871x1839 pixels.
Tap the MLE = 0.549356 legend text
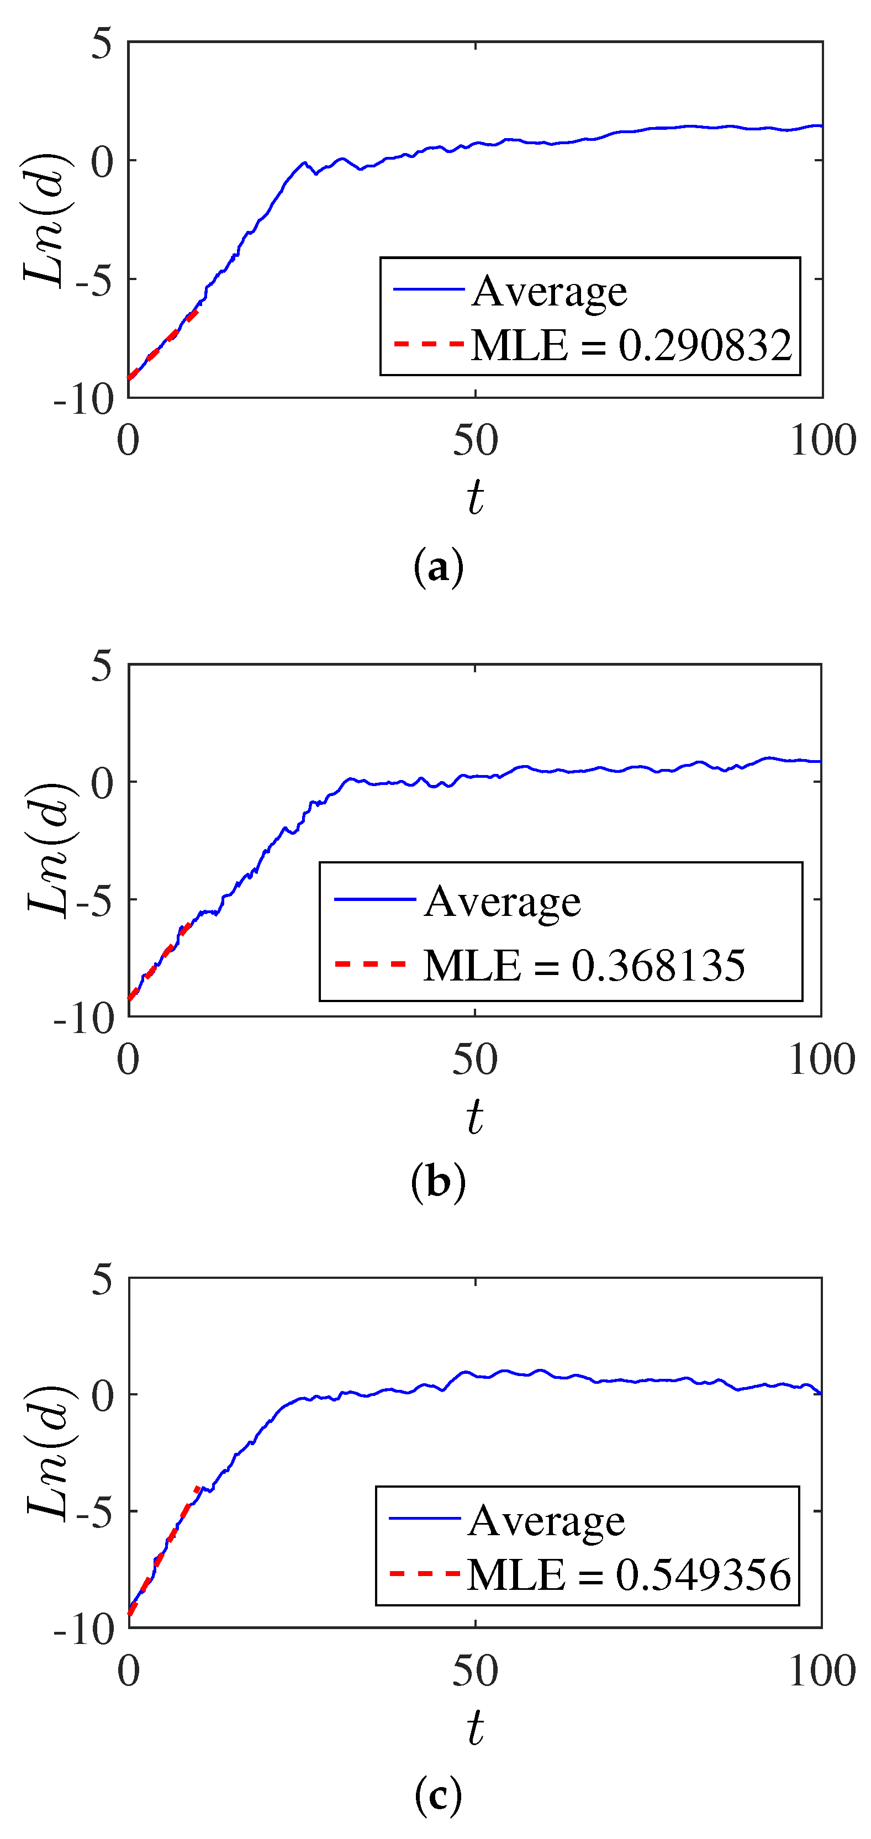pos(629,1574)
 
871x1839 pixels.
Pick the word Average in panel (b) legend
pos(502,902)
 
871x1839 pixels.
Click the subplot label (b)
pos(439,1182)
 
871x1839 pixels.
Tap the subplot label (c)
pos(439,1793)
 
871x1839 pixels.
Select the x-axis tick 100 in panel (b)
pos(821,1060)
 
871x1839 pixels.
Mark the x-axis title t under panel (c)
pos(476,1727)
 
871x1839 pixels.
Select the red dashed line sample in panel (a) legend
pos(429,344)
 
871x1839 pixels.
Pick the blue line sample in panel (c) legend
pos(424,1517)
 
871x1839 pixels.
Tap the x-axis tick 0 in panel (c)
pos(129,1671)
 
